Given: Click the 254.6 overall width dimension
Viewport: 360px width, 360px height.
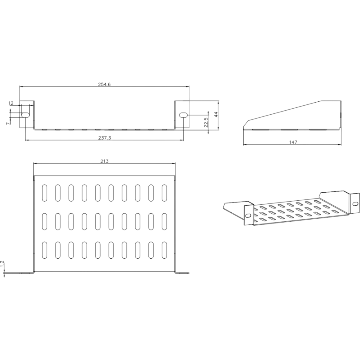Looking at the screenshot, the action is click(x=104, y=84).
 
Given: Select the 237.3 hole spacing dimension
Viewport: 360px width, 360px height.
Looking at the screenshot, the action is click(x=105, y=138).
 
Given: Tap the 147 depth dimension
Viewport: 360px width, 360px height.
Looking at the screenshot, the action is click(x=293, y=142).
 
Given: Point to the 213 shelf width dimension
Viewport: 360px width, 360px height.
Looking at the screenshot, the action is click(x=104, y=161).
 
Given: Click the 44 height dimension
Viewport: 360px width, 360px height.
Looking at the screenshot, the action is click(x=216, y=114).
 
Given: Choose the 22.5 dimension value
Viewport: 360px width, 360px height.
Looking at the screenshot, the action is click(x=206, y=122).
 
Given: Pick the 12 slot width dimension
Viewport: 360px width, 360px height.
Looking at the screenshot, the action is click(x=11, y=103).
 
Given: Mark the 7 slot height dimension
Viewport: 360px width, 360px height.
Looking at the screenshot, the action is click(x=7, y=124).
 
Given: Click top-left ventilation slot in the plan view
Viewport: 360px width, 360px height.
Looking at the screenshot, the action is click(x=45, y=193).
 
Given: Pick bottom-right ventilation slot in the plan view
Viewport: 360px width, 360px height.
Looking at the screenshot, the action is click(x=164, y=250).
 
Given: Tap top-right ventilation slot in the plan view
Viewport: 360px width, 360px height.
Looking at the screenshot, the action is click(x=164, y=193).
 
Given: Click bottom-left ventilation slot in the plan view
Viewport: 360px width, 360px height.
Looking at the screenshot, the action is click(x=45, y=250).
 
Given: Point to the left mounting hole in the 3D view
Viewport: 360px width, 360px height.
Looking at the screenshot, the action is click(x=248, y=216).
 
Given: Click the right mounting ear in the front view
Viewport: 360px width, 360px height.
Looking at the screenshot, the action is click(x=182, y=114).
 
